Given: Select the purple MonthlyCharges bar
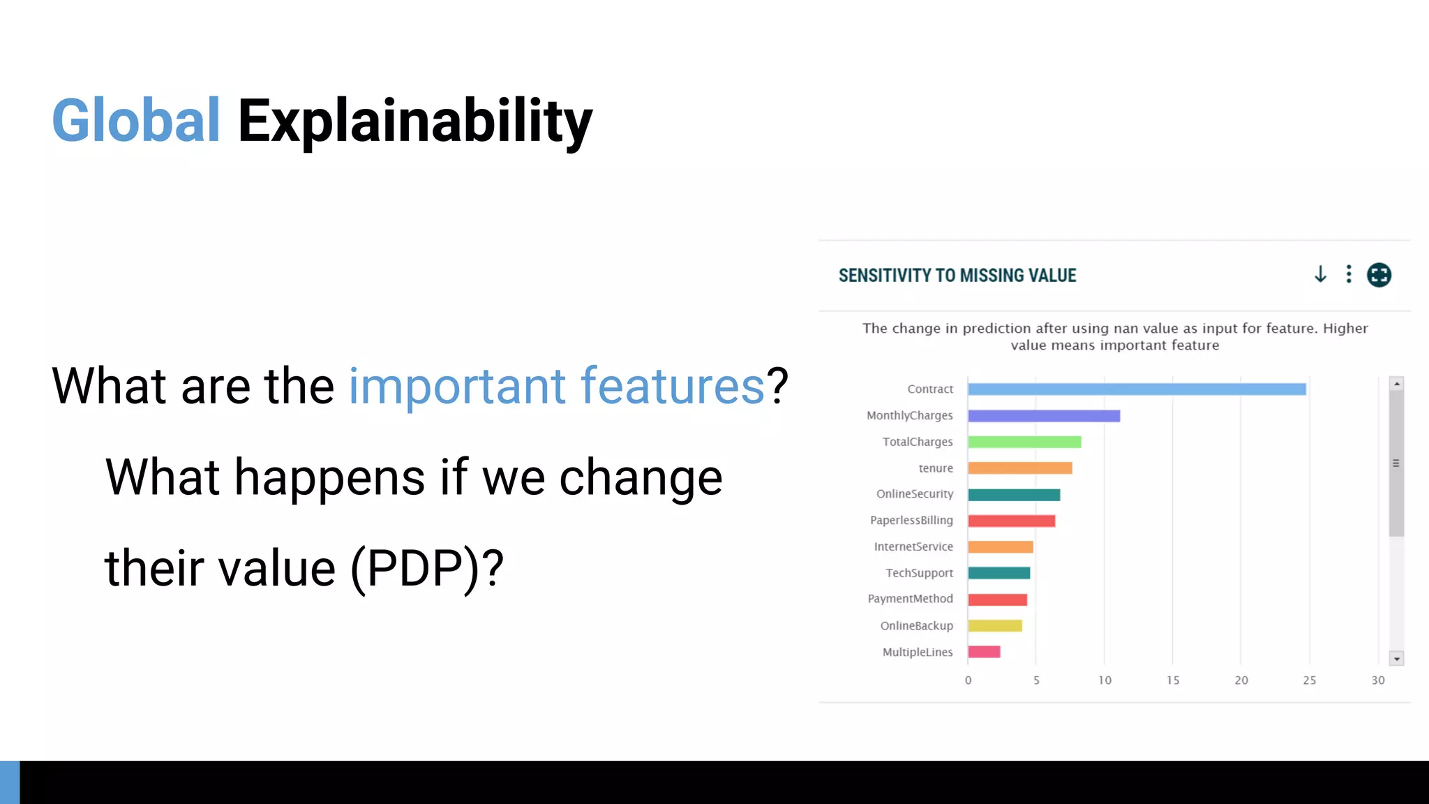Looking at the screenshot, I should point(1044,416).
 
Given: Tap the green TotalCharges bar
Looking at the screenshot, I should point(1024,442).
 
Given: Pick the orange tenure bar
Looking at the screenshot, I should point(1019,468).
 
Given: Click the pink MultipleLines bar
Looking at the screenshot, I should point(984,652).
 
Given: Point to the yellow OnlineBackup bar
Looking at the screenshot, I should point(994,626).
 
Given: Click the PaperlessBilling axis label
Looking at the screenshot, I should point(911,521).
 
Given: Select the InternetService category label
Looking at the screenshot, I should point(913,546).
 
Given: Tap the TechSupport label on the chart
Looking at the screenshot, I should point(918,573).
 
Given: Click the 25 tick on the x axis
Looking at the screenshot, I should point(1309,680).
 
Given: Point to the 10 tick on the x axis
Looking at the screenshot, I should point(1105,680).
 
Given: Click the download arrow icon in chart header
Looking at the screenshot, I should point(1320,274).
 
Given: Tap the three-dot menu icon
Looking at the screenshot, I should point(1349,274).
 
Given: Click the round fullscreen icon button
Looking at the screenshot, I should point(1379,275).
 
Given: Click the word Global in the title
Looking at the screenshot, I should point(136,121).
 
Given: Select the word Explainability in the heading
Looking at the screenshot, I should point(415,123).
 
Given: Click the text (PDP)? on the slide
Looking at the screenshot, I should point(426,569).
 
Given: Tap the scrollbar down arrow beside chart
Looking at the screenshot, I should point(1396,659).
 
